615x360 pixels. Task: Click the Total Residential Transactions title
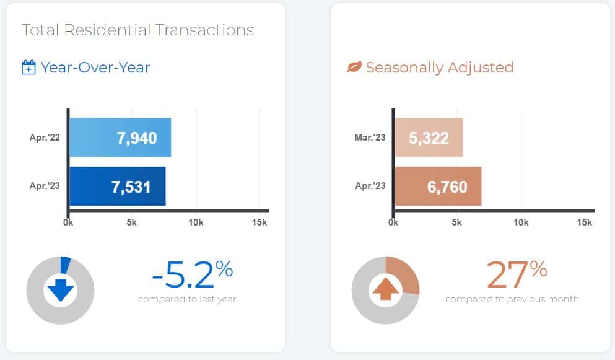137,30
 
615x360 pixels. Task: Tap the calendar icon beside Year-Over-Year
28,68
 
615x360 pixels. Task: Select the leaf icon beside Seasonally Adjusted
354,67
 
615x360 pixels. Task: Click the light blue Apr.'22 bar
120,138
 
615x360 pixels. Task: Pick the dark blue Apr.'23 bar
117,186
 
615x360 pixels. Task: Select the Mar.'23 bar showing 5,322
428,138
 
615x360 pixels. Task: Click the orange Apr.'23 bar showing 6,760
437,186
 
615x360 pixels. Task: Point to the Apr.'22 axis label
45,138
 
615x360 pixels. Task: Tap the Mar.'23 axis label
370,138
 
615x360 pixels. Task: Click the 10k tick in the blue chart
196,222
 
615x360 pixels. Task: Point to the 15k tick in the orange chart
585,222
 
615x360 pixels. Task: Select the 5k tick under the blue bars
132,222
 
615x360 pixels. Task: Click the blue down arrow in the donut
60,291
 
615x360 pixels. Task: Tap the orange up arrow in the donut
385,289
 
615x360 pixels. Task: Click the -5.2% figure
192,274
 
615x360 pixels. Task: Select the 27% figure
517,274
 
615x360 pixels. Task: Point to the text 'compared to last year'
187,300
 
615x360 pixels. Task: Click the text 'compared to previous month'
512,300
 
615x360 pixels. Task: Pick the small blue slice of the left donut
65,263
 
